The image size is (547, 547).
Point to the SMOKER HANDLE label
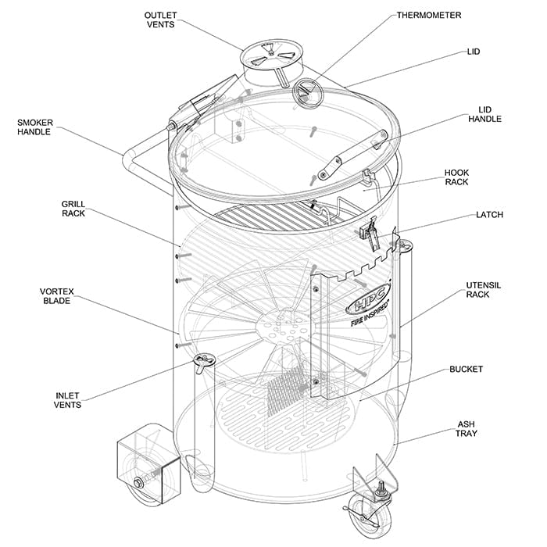coord(34,127)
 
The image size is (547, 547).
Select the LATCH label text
coord(489,214)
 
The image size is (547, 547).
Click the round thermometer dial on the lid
coord(308,94)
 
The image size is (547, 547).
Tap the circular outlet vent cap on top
coord(265,55)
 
